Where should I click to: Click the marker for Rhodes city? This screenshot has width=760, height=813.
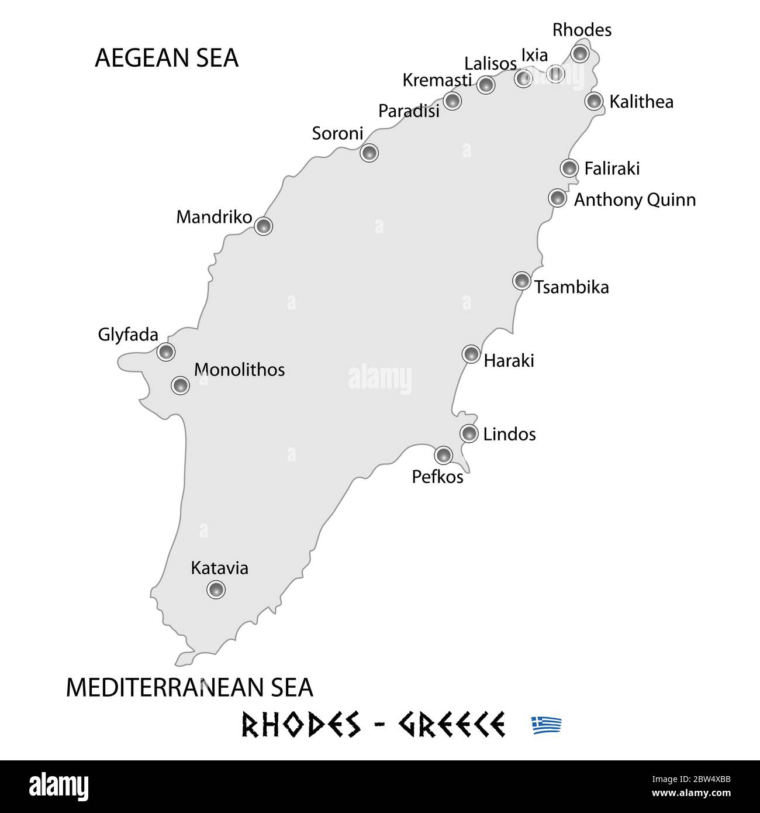pos(579,53)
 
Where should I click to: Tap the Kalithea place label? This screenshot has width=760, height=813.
pos(641,102)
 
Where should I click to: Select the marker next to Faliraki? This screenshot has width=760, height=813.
pos(569,168)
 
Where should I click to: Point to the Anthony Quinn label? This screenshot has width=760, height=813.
pos(634,200)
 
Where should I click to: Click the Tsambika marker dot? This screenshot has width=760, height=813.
pos(521,281)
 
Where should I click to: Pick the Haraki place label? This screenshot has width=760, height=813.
pos(509,360)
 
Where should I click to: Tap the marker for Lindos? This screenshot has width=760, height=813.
pos(469,433)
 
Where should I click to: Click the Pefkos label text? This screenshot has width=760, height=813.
pos(437,477)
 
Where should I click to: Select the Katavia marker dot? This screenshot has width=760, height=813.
pos(216,589)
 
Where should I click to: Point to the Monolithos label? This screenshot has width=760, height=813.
pos(239,370)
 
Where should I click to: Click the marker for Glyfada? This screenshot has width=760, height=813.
pos(166,352)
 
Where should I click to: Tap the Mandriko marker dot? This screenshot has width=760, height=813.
pos(264,226)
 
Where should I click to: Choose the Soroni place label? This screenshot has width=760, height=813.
pos(337,133)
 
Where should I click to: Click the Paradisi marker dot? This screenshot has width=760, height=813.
pos(452,101)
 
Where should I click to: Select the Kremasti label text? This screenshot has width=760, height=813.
pos(437,80)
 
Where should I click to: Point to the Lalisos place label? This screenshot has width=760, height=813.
pos(490,64)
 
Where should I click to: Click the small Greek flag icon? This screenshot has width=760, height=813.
pos(547,725)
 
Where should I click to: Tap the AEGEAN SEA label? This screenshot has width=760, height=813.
pos(167,58)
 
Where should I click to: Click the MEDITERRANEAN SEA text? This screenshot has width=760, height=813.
pos(189,688)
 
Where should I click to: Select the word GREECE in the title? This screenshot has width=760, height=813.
pos(451,725)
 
